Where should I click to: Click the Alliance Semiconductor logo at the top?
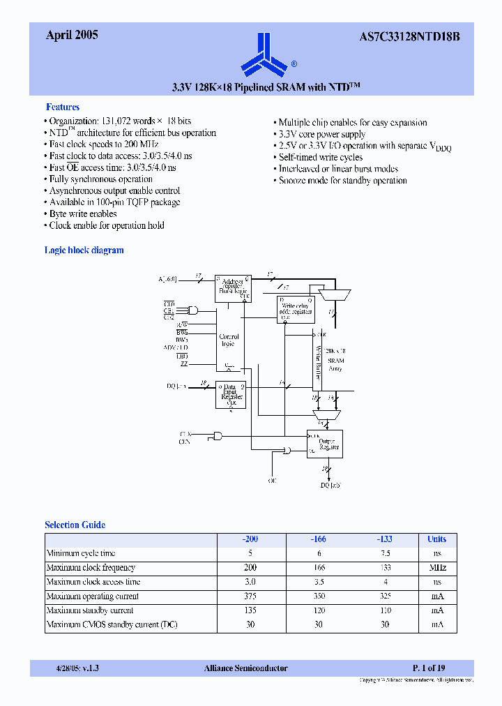(x=264, y=54)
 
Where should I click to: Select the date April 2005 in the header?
(x=72, y=35)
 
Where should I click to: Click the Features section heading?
(x=63, y=107)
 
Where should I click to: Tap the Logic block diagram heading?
(x=84, y=250)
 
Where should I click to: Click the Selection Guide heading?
(x=75, y=525)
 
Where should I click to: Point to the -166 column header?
(x=317, y=539)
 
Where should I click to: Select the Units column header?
(x=436, y=539)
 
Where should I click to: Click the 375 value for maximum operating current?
(x=250, y=596)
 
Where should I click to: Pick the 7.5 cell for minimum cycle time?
(x=384, y=553)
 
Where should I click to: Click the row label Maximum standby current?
(x=90, y=610)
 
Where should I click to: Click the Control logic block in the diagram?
(x=229, y=340)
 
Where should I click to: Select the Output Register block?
(x=325, y=444)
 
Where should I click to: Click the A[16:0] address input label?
(x=167, y=279)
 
